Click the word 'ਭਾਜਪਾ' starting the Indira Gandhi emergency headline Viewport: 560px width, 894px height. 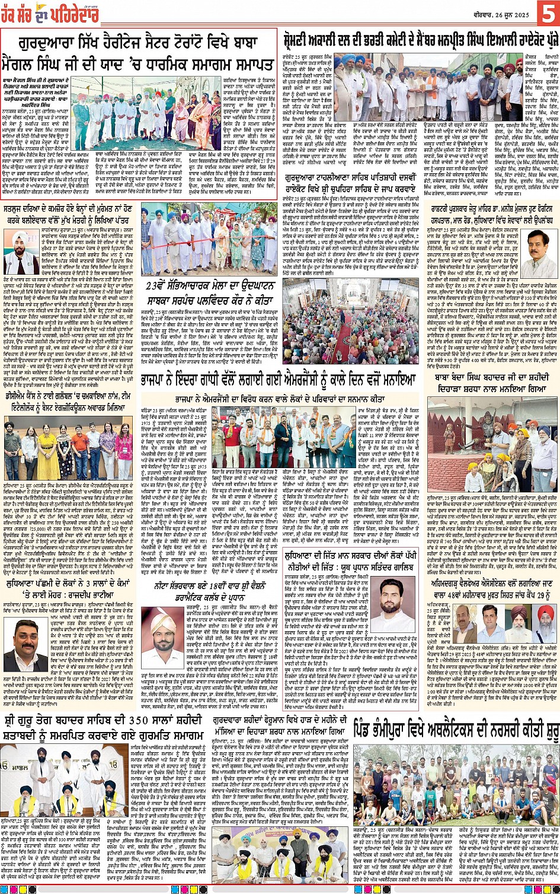pos(155,380)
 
